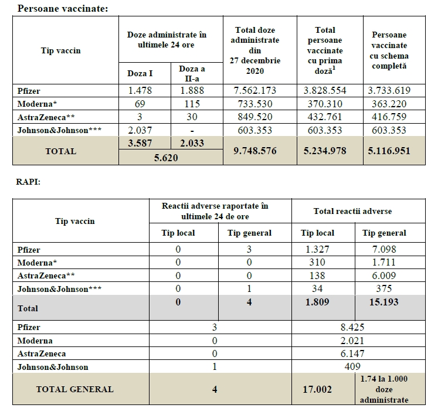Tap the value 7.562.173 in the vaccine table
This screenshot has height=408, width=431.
255,90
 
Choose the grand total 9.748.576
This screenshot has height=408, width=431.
255,151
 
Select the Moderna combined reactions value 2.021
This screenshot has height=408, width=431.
352,341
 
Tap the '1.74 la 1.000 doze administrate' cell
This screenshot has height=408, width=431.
385,389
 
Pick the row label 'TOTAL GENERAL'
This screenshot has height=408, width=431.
74,389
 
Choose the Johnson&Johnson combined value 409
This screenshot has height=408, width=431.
352,367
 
